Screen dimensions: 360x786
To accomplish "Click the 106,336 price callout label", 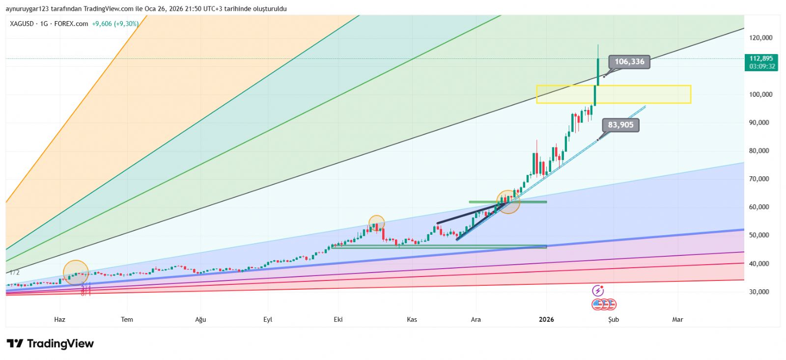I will tap(629, 62).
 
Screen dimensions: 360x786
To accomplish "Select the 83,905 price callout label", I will tap(621, 125).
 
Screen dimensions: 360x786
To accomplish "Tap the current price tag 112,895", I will tap(761, 58).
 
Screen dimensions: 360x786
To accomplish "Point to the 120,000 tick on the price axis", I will tap(760, 38).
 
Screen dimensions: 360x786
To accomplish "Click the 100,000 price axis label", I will tap(760, 94).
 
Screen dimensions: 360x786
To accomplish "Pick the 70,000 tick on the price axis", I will tap(759, 179).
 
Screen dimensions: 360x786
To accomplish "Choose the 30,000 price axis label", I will tap(759, 292).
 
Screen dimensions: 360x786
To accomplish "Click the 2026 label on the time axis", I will tap(546, 320).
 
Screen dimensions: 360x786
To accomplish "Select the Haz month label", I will tap(59, 320).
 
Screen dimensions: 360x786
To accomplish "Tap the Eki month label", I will tap(338, 320).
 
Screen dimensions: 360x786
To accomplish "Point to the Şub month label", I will tap(614, 320).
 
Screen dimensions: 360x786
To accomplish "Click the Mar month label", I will tap(677, 320).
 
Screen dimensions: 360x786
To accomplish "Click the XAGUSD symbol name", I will tap(22, 24).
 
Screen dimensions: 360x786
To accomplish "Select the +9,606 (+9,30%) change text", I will tap(115, 24).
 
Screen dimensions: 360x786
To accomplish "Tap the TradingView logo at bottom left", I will tap(50, 344).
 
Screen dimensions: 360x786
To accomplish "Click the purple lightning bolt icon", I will tap(597, 291).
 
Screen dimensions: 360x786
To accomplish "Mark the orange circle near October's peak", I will tap(376, 223).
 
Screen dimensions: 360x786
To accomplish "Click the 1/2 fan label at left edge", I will tap(14, 273).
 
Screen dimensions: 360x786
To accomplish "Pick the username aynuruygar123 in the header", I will tap(30, 9).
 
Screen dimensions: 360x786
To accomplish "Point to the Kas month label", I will tap(412, 320).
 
